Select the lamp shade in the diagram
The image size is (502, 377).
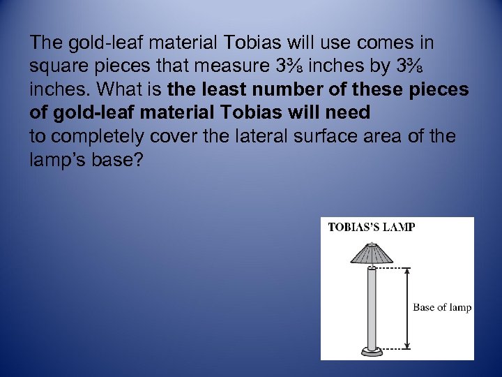[x=372, y=254]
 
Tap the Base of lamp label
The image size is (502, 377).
[x=442, y=307]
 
